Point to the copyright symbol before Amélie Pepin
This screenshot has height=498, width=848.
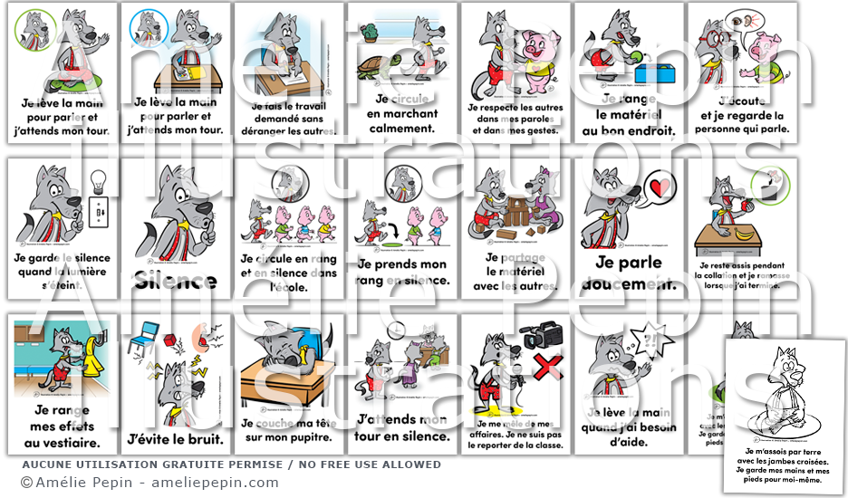[26, 483]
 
